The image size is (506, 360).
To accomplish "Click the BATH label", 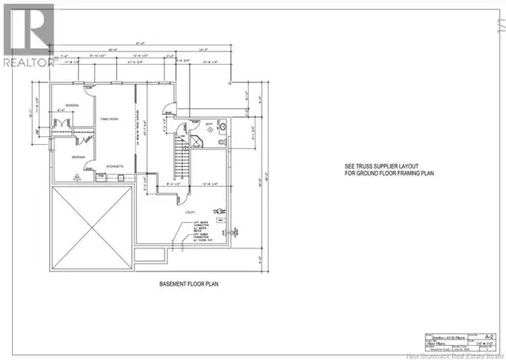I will [207, 123].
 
